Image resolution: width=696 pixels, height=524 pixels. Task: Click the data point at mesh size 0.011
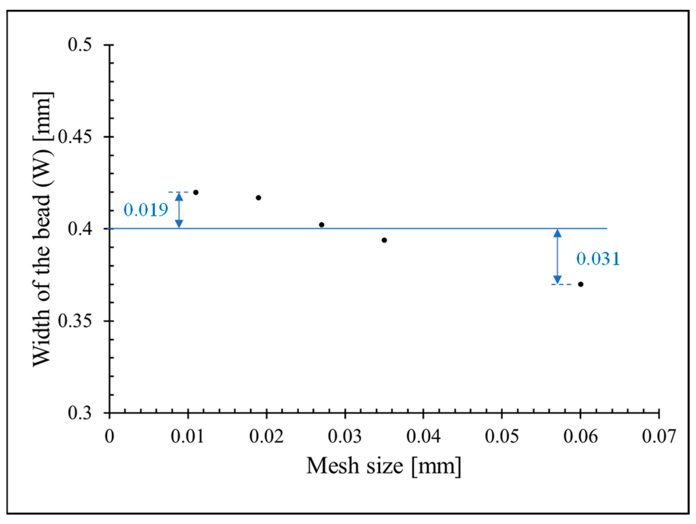[x=196, y=192]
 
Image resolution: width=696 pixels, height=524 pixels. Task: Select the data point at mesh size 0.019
[x=259, y=197]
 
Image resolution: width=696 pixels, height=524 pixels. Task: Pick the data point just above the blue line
[x=321, y=225]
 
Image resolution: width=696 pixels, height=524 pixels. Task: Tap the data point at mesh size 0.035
[x=384, y=240]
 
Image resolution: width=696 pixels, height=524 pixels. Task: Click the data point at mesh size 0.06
[x=580, y=284]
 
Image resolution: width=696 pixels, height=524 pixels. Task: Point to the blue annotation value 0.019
[x=146, y=210]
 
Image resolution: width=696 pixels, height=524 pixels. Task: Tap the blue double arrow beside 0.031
[x=558, y=256]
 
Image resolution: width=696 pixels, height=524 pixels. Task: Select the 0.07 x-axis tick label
[x=659, y=437]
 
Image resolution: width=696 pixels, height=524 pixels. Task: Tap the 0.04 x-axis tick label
[x=423, y=437]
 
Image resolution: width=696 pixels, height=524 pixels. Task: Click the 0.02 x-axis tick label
[x=266, y=437]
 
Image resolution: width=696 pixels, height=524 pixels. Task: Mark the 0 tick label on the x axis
[x=110, y=437]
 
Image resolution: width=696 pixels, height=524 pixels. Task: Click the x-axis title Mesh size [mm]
[x=384, y=466]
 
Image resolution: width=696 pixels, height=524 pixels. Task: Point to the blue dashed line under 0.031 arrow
[x=561, y=284]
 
